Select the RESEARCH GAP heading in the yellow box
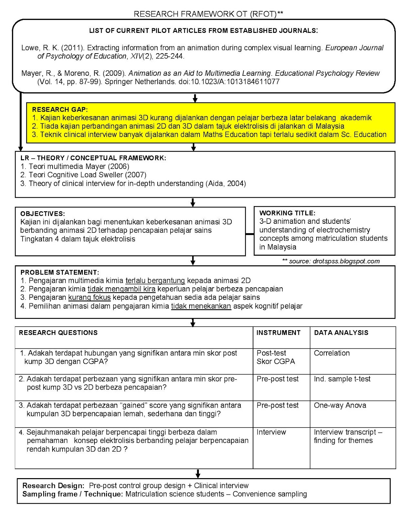click(60, 109)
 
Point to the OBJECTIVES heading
click(43, 214)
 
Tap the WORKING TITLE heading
click(287, 213)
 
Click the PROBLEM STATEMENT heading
click(60, 272)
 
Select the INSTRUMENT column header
click(278, 333)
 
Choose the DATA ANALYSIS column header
click(341, 333)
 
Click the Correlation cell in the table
click(332, 353)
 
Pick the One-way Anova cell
click(340, 405)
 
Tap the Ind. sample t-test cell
click(342, 379)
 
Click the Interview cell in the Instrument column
click(271, 432)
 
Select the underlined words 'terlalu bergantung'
click(155, 281)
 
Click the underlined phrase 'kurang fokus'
click(89, 298)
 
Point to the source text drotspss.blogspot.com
click(346, 261)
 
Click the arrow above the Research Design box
click(198, 473)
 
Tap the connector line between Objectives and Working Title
click(250, 234)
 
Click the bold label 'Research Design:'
click(53, 485)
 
